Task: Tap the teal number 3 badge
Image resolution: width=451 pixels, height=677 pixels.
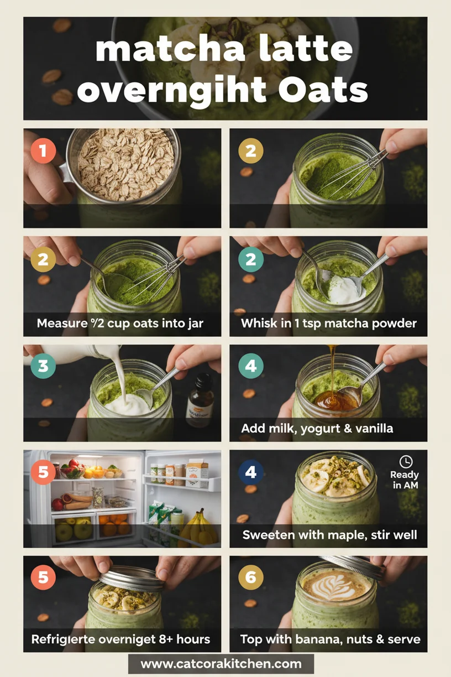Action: coord(43,367)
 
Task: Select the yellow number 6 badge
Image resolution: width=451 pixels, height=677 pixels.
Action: coord(251,577)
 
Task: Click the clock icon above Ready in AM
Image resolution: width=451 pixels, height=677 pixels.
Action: coord(406,461)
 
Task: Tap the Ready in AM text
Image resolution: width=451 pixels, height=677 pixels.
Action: coord(405,480)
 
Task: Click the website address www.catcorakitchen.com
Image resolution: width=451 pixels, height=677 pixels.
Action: coord(221,664)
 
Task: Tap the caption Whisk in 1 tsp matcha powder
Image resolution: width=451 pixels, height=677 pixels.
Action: coord(328,323)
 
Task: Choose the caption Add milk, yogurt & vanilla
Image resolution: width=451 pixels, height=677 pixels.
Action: coord(317,429)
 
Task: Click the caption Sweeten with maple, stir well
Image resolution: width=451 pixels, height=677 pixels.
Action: coord(330,535)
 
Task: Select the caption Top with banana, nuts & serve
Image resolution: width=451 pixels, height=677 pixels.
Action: coord(330,639)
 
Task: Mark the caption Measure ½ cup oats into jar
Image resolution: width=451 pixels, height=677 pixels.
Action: coord(120,323)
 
